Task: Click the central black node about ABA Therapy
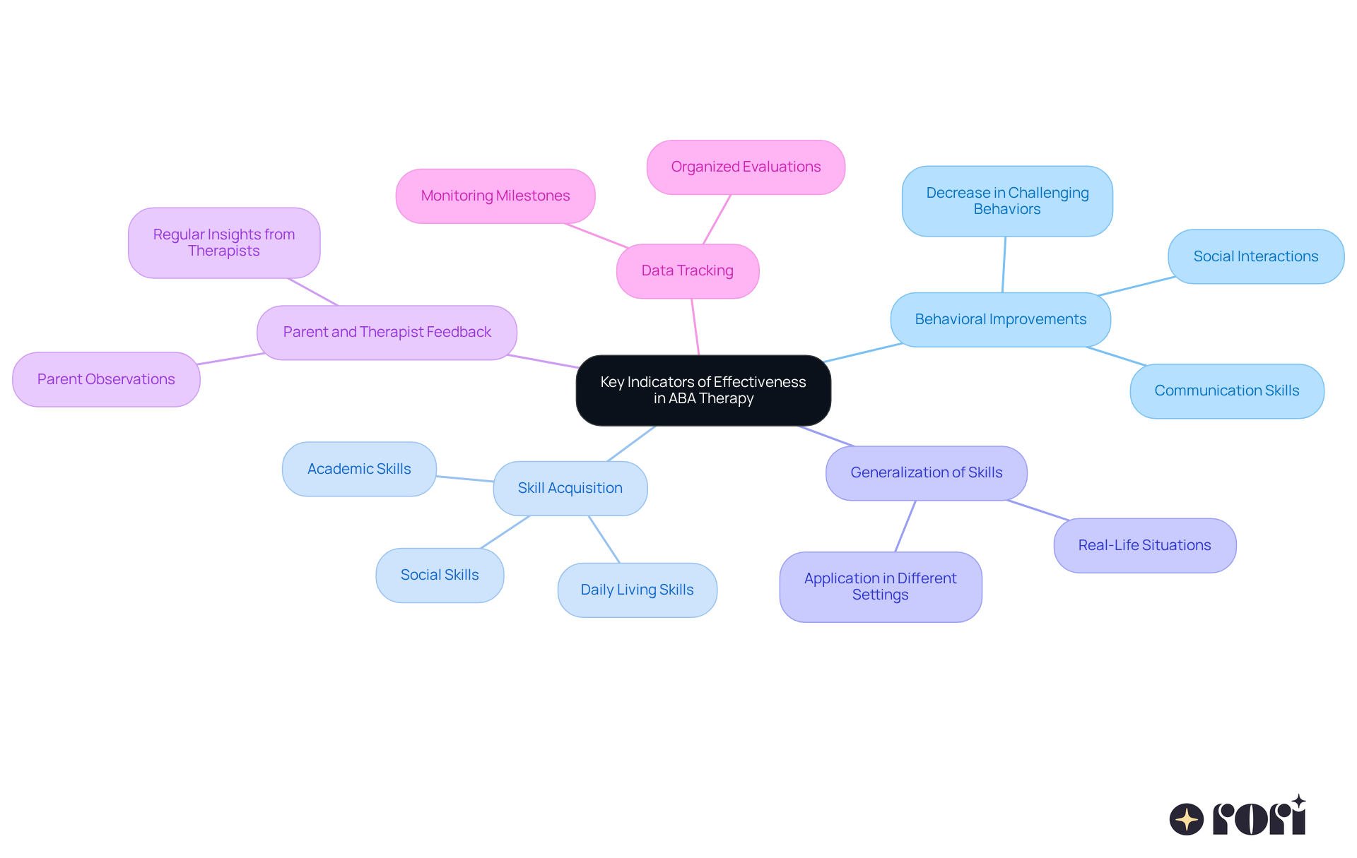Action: [703, 390]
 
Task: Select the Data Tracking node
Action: [687, 271]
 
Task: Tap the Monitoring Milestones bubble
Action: [495, 196]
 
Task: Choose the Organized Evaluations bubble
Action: [746, 167]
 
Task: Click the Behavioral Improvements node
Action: [1000, 319]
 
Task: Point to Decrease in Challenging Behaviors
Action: [1007, 201]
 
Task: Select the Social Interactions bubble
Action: [1255, 256]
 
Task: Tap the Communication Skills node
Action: [1226, 391]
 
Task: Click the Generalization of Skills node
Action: [926, 472]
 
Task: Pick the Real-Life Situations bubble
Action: [1144, 545]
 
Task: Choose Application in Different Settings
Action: [880, 586]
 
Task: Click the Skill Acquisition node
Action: [570, 488]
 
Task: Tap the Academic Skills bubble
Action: [359, 469]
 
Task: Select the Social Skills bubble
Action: [440, 575]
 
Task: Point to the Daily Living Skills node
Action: [637, 590]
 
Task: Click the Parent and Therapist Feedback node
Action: [387, 332]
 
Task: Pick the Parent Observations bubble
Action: [106, 379]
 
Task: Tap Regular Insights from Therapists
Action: [224, 242]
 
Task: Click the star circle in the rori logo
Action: [1186, 819]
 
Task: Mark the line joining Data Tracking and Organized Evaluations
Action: [717, 220]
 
